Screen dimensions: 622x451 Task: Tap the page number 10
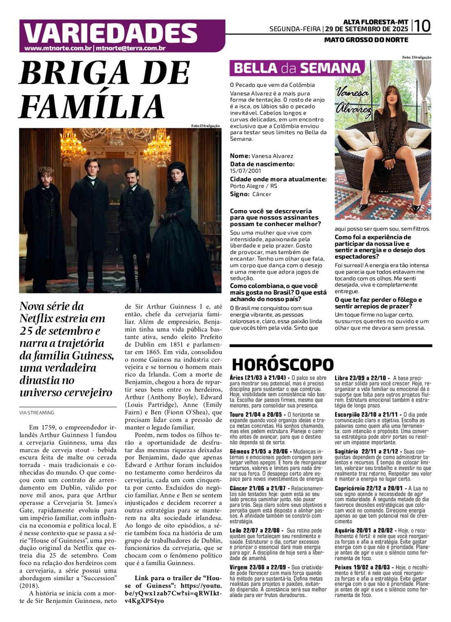coord(422,26)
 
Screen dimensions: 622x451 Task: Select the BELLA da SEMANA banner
coord(297,68)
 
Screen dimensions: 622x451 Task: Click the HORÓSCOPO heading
coord(283,364)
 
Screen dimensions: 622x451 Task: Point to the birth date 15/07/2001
coord(246,171)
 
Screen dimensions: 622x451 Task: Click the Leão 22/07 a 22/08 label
coord(254,530)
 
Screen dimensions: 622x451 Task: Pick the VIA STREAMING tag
coord(37,413)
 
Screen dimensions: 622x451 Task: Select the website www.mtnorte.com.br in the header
coord(58,48)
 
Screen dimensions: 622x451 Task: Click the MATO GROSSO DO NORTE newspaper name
coord(366,40)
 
